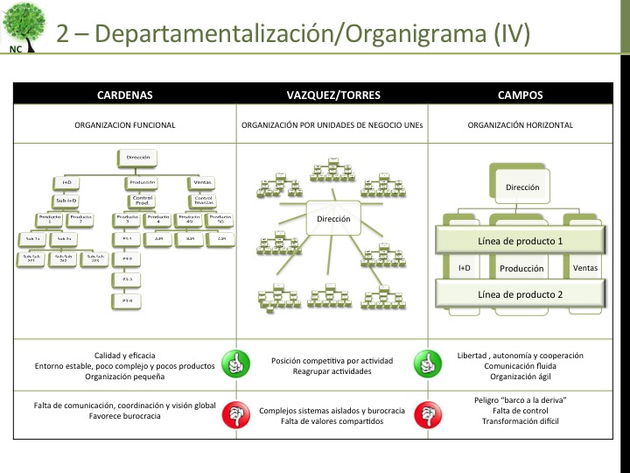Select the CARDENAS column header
click(124, 94)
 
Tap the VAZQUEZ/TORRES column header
click(330, 94)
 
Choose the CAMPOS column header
click(520, 94)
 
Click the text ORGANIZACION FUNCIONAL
click(124, 125)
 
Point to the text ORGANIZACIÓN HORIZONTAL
click(520, 125)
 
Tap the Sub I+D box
click(66, 200)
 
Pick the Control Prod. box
click(142, 201)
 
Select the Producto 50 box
click(220, 218)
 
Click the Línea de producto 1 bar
click(520, 241)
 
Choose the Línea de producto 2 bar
click(520, 294)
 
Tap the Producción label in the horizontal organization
click(521, 268)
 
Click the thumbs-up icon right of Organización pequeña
click(234, 364)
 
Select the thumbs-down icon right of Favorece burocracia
click(234, 412)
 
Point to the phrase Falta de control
click(520, 411)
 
